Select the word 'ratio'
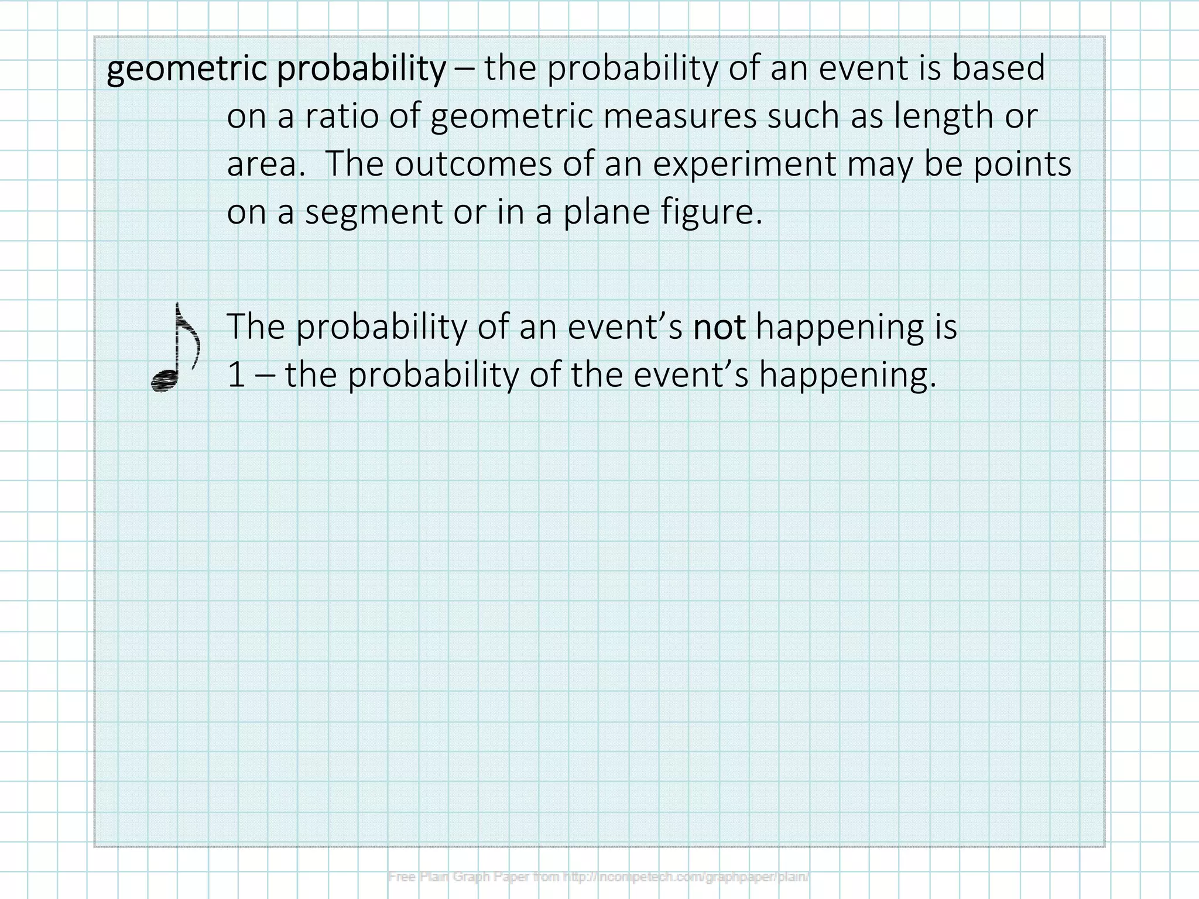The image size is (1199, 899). click(341, 115)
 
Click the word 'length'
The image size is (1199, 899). click(943, 116)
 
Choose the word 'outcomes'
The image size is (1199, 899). click(473, 164)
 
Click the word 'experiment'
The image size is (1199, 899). click(744, 164)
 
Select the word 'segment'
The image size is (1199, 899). click(374, 212)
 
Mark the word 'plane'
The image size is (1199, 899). click(607, 212)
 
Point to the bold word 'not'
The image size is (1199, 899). click(719, 327)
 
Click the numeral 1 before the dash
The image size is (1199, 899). click(236, 375)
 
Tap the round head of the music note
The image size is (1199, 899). click(165, 381)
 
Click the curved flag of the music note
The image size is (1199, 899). click(191, 339)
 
